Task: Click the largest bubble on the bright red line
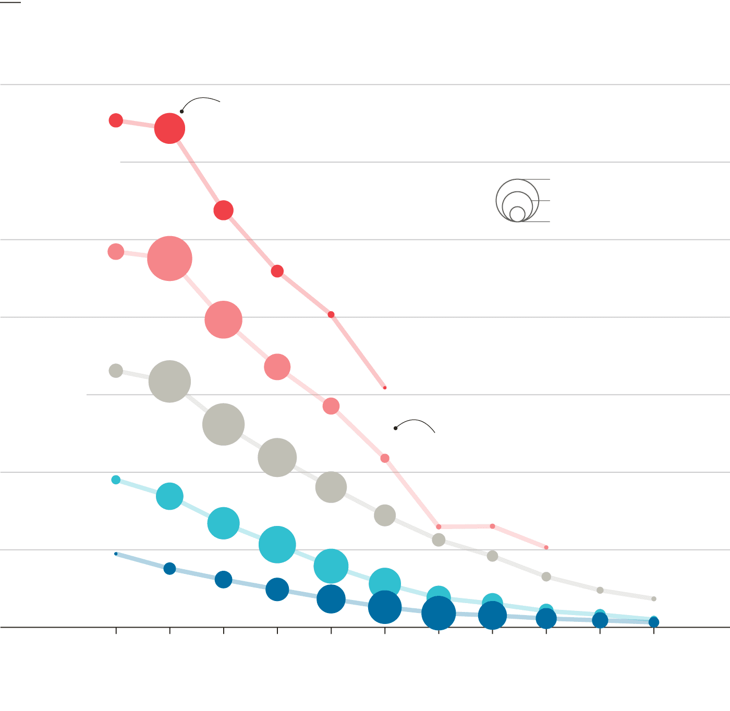coord(169,128)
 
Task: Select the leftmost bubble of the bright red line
coord(116,120)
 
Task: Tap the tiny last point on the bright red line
coord(385,388)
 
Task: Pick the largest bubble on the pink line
coord(169,259)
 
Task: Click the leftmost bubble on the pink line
coord(116,252)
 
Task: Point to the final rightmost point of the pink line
coord(546,547)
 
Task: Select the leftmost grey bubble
coord(116,371)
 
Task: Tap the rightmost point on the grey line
coord(654,599)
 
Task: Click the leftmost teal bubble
coord(116,480)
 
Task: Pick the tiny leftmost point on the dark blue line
coord(116,554)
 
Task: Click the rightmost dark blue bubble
coord(654,622)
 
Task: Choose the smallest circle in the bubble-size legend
coord(517,214)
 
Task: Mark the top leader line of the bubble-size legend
coord(537,179)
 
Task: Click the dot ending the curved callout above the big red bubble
coord(181,112)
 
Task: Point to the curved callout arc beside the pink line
coord(417,421)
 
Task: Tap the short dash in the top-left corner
coord(10,2)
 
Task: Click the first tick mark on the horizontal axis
coord(116,631)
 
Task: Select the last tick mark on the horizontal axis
coord(654,631)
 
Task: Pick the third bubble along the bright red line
coord(223,211)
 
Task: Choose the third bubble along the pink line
coord(223,320)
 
